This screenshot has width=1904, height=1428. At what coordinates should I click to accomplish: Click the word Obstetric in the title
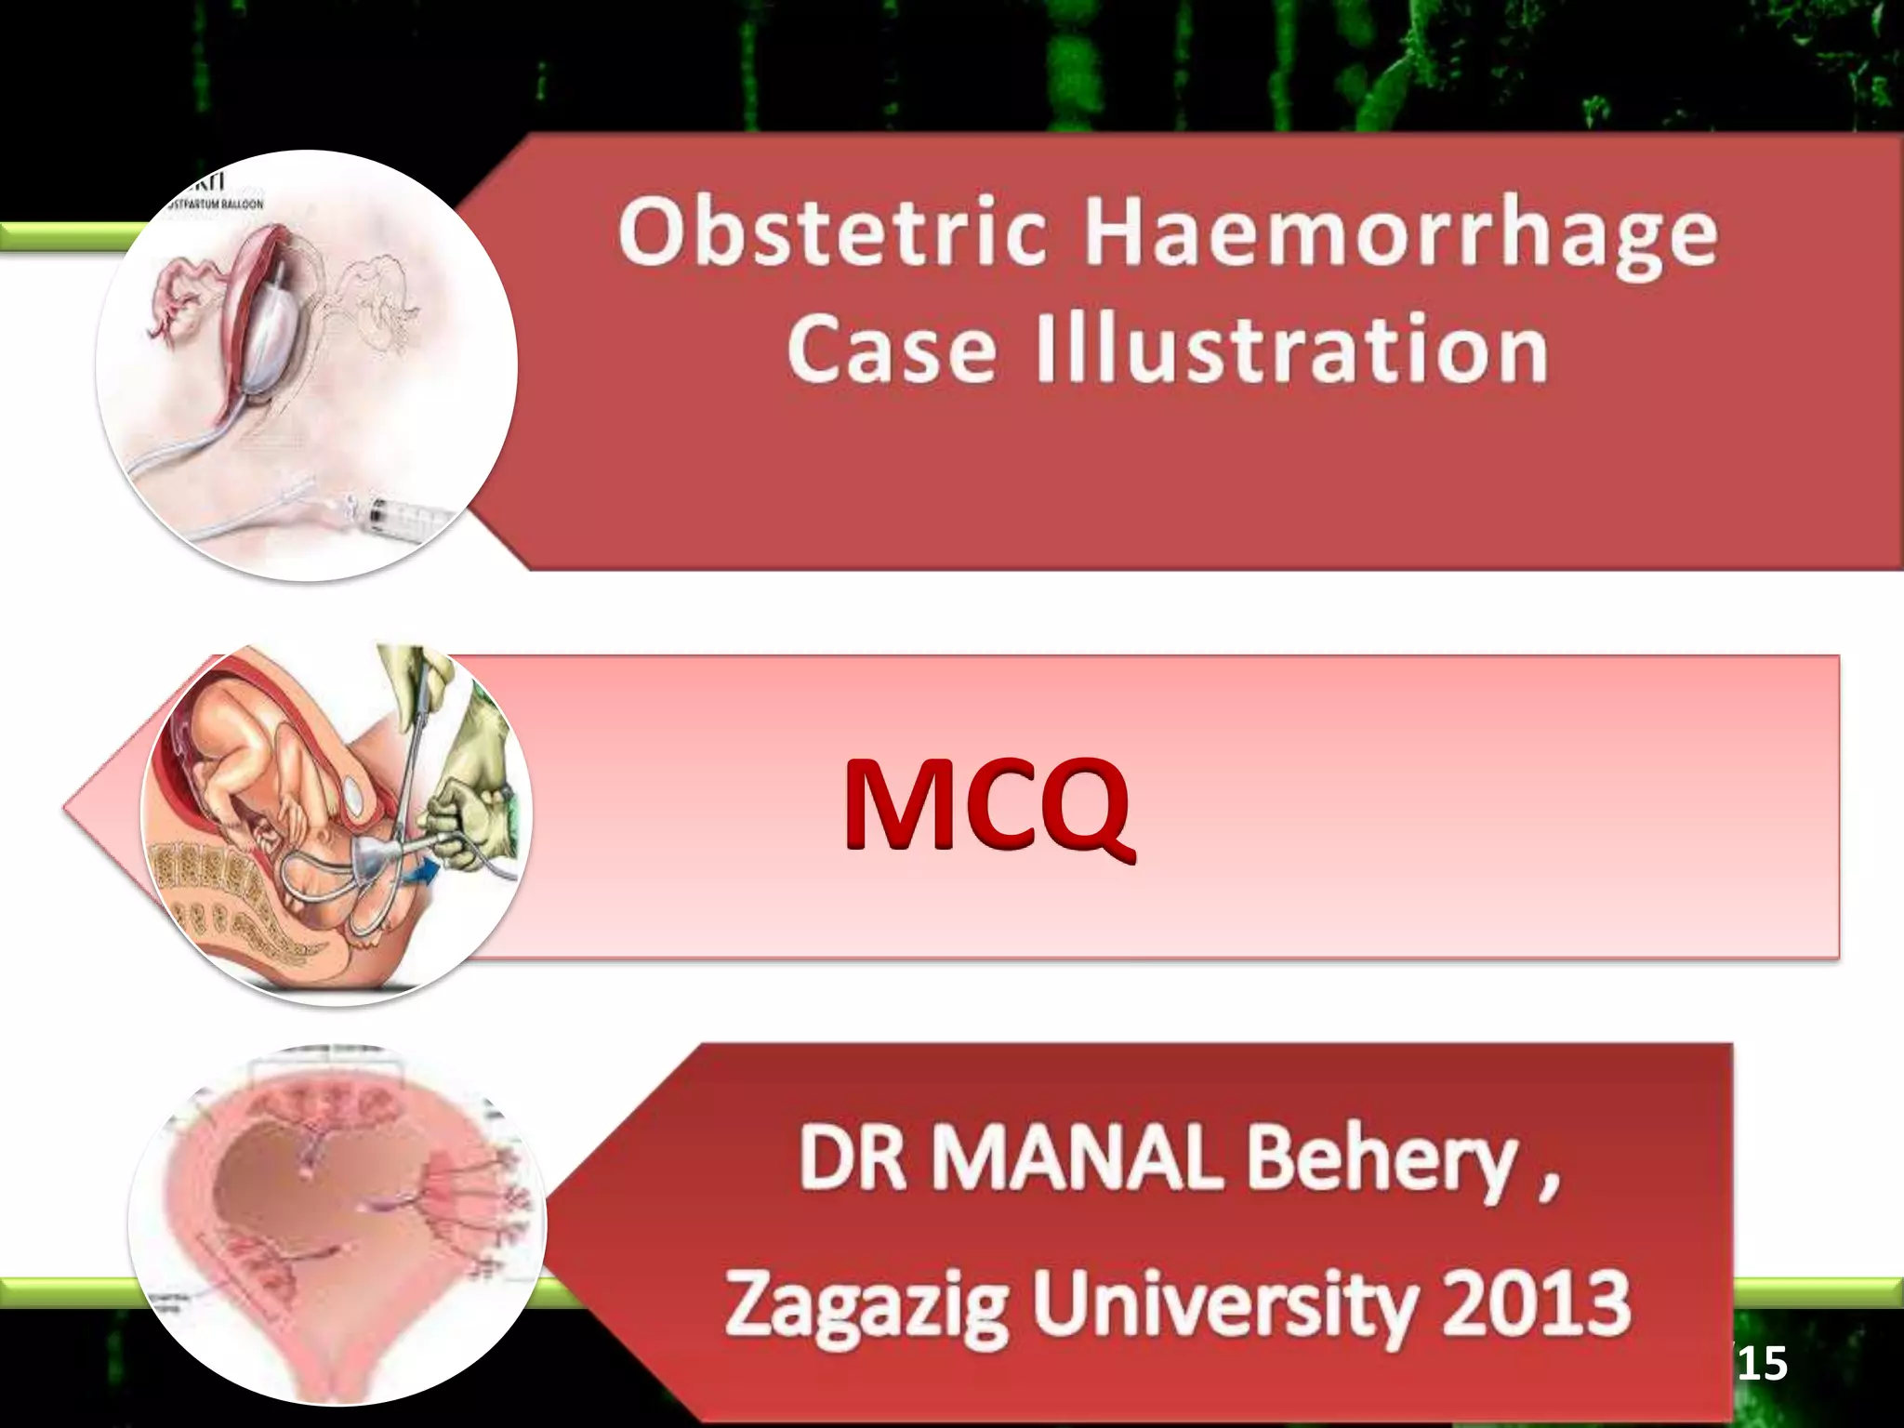pos(833,231)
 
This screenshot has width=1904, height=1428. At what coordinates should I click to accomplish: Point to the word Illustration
pos(1291,348)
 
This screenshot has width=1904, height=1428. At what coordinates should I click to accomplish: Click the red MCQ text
pos(986,803)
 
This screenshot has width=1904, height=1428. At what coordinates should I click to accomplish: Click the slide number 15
pos(1763,1364)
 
